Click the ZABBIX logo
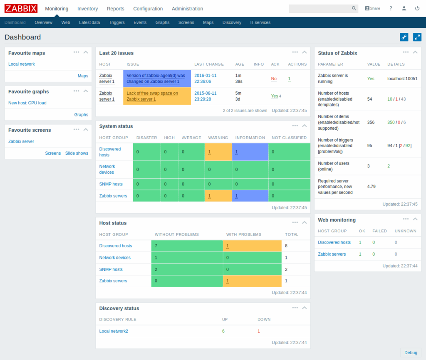coord(21,8)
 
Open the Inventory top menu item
coord(87,9)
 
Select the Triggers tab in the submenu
coord(116,22)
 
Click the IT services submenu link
coord(260,22)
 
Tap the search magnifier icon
coord(354,8)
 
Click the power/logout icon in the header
coord(417,8)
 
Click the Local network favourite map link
coord(22,64)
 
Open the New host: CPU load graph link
coord(27,103)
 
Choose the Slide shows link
coord(77,153)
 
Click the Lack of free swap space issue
coord(152,96)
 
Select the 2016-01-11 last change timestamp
coord(206,79)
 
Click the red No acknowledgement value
coord(274,79)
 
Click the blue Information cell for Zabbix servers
coord(250,196)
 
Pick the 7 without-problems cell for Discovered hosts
coord(187,246)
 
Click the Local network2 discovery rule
coord(114,331)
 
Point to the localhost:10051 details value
coord(402,79)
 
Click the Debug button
coord(411,353)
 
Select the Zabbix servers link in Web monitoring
coord(332,254)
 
